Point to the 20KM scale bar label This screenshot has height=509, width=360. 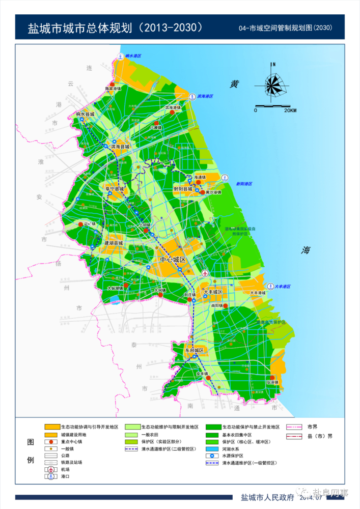coord(290,110)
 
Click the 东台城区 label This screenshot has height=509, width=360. coord(194,351)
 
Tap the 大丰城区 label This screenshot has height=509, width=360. coord(210,292)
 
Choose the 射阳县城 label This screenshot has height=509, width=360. coord(183,189)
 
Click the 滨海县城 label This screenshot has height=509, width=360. coord(120,147)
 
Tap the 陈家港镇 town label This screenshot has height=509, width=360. coord(113,89)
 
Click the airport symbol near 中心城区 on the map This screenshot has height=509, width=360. coord(205,273)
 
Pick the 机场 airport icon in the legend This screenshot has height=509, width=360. coord(51,469)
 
